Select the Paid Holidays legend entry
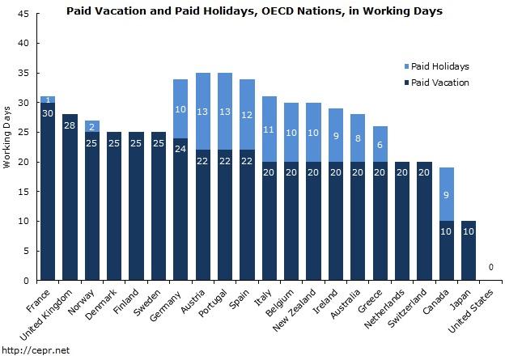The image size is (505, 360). pos(440,66)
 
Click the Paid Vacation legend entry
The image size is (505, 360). pos(439,83)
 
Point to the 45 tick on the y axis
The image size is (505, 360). pos(24,14)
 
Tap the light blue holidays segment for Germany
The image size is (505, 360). pos(180,108)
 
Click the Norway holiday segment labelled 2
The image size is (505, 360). pos(92,126)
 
